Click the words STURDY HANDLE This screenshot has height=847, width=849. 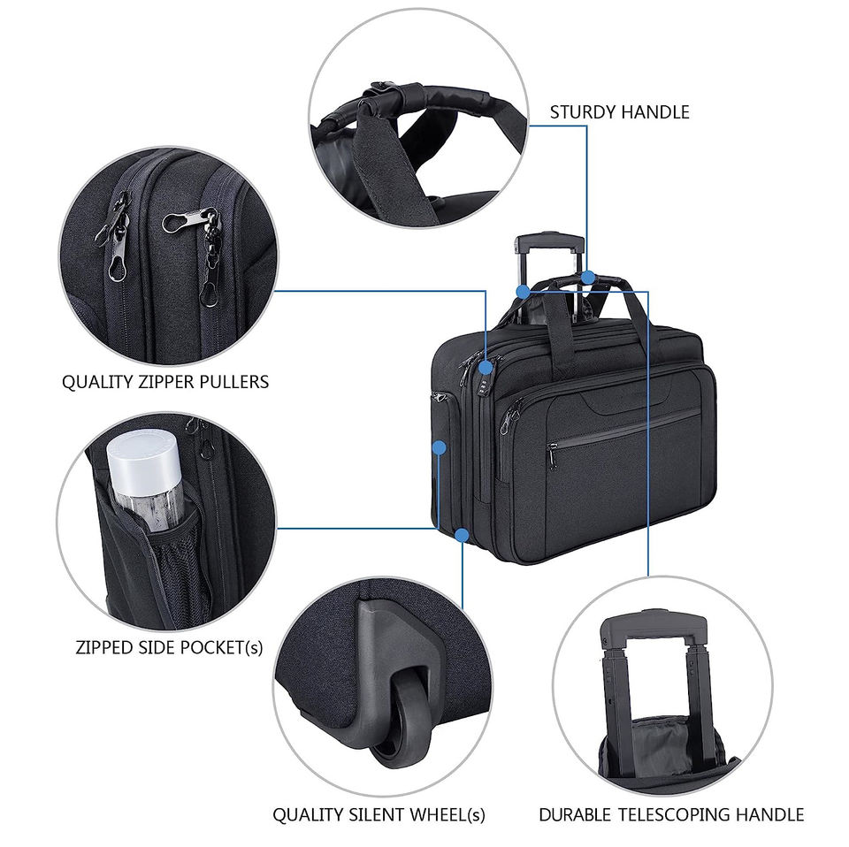[x=619, y=112]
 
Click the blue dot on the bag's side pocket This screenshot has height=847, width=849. [x=439, y=448]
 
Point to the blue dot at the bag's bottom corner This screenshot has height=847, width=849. [x=462, y=534]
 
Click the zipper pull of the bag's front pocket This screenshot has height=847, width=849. [x=552, y=456]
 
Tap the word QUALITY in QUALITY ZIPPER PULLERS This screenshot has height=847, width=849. [x=95, y=382]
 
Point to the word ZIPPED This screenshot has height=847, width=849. [x=105, y=646]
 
